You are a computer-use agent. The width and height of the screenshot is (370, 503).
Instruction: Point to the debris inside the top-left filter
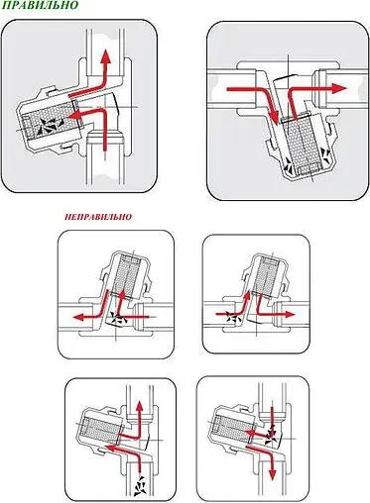click(x=44, y=127)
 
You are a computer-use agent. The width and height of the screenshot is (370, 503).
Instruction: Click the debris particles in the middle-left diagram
click(x=119, y=320)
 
